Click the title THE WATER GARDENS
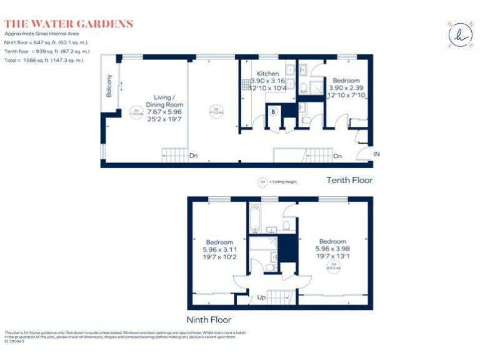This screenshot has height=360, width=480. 69,24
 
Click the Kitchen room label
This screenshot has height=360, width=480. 268,74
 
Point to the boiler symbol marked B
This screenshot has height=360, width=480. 273,112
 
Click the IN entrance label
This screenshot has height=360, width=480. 376,154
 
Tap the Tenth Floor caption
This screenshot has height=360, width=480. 349,180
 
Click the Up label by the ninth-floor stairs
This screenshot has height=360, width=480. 261,297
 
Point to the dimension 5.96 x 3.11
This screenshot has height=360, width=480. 219,249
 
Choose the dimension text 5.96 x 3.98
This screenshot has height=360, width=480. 332,248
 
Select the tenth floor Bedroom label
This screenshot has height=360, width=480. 346,81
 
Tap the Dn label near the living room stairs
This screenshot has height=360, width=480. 194,155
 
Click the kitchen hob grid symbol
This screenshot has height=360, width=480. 246,85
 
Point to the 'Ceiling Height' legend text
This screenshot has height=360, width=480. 283,182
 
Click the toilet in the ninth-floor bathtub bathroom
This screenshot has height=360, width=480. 286,225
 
